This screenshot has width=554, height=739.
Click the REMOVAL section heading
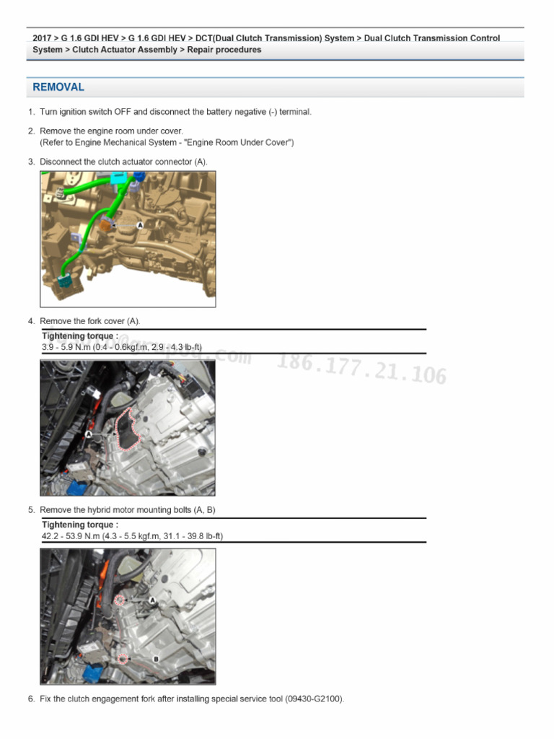point(58,87)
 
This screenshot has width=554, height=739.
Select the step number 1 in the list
point(31,112)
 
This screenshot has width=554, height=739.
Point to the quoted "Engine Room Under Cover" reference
point(237,143)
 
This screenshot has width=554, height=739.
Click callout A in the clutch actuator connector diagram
point(140,225)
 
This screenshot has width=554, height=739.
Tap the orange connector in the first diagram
point(105,225)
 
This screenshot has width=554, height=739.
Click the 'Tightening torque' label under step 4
point(78,336)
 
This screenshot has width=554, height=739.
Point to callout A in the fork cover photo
point(89,434)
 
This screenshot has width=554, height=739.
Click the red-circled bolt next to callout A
point(120,600)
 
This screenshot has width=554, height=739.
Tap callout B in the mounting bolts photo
point(157,658)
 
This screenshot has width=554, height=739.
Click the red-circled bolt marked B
point(123,658)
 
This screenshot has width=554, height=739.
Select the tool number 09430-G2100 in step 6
point(314,699)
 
